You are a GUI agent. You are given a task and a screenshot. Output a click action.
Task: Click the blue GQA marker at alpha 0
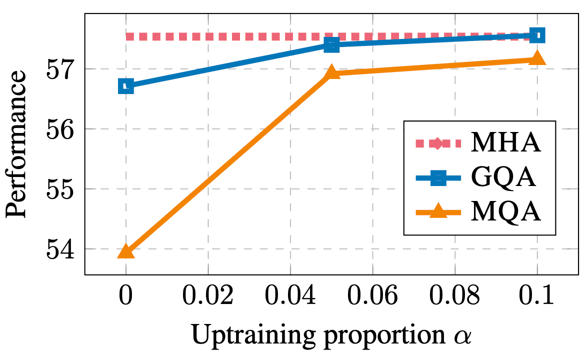[126, 86]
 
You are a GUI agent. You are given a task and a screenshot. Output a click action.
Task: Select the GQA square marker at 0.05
[331, 45]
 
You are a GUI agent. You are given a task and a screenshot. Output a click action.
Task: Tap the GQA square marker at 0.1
[537, 36]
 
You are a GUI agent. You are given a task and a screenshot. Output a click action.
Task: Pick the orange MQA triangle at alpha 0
[126, 251]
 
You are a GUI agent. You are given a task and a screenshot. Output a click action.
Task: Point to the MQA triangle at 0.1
[537, 57]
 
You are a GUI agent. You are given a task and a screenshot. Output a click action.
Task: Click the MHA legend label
[505, 142]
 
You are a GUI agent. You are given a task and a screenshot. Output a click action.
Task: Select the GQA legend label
[503, 176]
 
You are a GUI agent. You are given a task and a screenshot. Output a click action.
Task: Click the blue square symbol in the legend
[438, 177]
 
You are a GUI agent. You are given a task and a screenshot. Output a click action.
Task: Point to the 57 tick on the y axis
[59, 69]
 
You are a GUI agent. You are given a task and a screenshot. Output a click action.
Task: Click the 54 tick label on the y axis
[59, 249]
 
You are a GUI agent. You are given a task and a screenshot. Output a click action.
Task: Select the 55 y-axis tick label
[59, 188]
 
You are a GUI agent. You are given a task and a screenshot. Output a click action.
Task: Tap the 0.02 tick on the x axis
[208, 295]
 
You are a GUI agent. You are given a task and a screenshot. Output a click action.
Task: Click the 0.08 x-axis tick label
[454, 295]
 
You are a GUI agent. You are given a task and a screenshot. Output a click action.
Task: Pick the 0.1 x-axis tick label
[536, 295]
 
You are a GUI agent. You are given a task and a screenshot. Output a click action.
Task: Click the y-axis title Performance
[17, 143]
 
